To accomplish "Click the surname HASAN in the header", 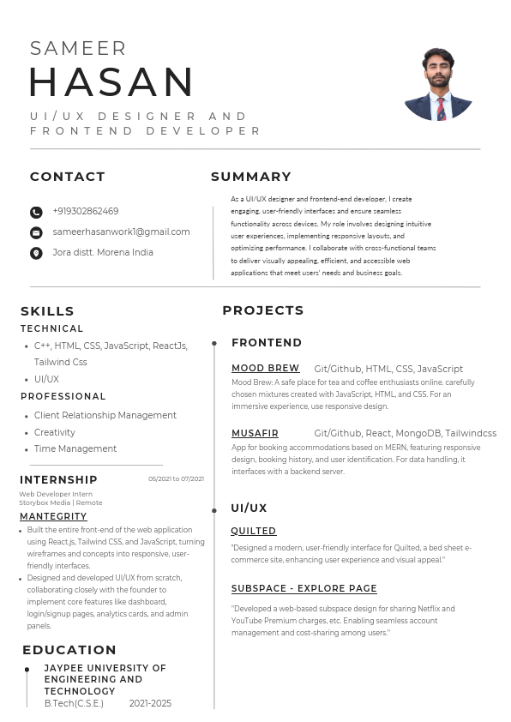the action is point(112,82).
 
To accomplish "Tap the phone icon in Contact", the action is point(36,212).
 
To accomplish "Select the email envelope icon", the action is point(36,232).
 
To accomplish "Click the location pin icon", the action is point(36,253).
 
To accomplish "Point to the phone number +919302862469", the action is point(86,211).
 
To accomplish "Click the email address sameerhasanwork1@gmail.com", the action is point(121,232).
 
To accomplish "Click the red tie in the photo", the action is point(441,108).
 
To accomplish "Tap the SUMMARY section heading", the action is point(251,177).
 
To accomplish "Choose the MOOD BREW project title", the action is point(265,368).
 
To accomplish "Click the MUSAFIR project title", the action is point(255,433).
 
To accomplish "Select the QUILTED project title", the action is point(254,531).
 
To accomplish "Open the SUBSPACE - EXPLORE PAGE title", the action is point(304,588).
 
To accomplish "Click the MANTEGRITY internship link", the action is point(53,516).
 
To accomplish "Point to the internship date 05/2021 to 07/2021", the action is point(176,478).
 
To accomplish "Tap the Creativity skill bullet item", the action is point(55,432).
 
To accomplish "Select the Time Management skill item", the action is point(75,448).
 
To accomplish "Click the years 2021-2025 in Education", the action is point(150,703).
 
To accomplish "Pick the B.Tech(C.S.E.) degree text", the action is point(74,703).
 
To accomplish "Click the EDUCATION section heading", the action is point(69,649).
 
